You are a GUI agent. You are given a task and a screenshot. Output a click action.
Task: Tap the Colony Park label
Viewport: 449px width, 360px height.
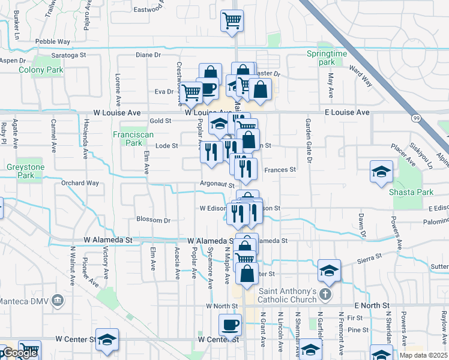tap(50, 70)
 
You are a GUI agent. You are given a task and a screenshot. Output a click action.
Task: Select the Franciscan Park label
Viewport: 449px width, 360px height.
tap(127, 139)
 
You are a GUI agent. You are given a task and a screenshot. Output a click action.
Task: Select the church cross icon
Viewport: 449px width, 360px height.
tap(325, 294)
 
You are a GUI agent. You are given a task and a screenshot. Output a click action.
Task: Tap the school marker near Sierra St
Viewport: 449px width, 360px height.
tap(329, 271)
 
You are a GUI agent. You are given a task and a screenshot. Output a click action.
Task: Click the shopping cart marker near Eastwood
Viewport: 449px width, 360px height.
tap(232, 21)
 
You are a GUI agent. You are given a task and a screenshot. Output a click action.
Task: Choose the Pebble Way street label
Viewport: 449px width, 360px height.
tap(53, 42)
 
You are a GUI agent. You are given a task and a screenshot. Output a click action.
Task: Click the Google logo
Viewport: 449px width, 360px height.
tap(19, 353)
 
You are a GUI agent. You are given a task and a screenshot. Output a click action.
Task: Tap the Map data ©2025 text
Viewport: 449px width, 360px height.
tap(423, 355)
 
